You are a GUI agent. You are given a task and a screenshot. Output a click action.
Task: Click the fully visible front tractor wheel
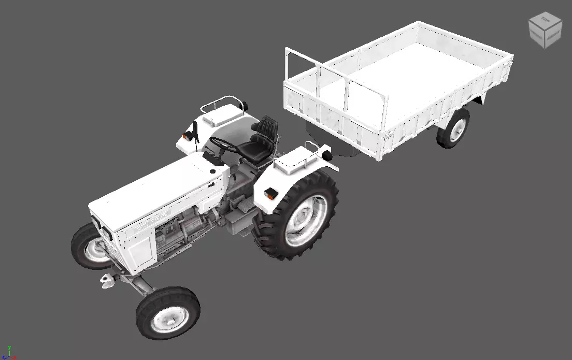(167, 312)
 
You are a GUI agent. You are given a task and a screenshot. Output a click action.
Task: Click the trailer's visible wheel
(453, 128)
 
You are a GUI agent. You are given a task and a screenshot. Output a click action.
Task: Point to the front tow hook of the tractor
(108, 280)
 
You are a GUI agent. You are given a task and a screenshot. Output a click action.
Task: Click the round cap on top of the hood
(212, 171)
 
